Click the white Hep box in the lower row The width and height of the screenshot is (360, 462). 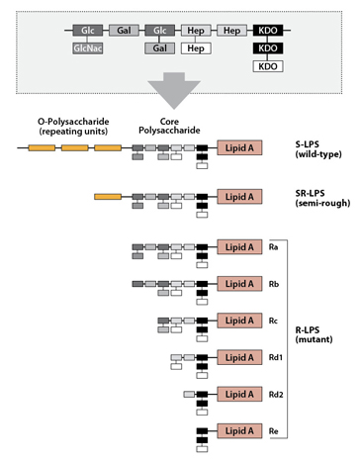click(x=196, y=47)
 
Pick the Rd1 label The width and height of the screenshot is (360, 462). click(x=276, y=357)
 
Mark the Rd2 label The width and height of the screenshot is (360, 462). click(x=276, y=394)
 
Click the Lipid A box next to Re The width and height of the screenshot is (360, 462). click(x=239, y=430)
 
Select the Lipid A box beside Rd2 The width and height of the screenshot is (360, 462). click(x=239, y=394)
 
